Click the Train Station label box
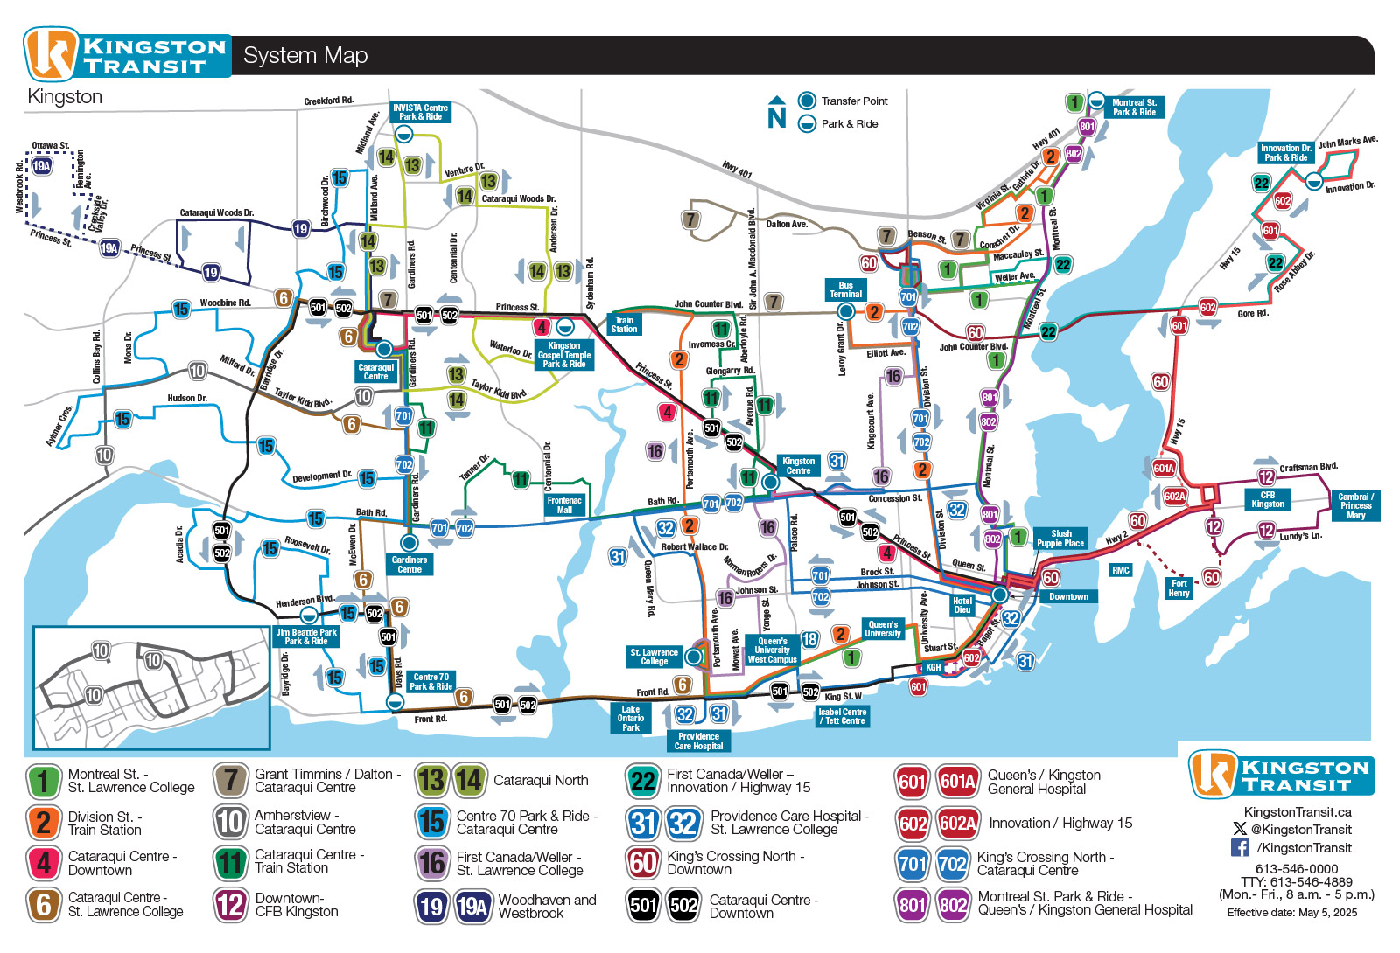click(624, 324)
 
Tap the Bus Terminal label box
click(845, 289)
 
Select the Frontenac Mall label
click(564, 505)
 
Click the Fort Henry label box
click(1179, 588)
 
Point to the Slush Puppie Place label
click(1060, 539)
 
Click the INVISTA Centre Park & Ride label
click(421, 112)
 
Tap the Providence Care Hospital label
click(698, 741)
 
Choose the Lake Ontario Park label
click(631, 719)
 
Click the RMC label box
click(1121, 570)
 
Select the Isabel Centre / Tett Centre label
click(842, 716)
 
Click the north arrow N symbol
click(777, 112)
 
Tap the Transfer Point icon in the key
click(807, 101)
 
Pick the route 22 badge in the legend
click(643, 782)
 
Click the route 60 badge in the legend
click(643, 863)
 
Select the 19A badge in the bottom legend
click(473, 907)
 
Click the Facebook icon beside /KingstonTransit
click(1240, 847)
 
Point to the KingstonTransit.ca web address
click(1298, 812)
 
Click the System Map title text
click(305, 56)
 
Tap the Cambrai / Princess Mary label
click(1355, 506)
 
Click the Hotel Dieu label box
click(962, 605)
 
